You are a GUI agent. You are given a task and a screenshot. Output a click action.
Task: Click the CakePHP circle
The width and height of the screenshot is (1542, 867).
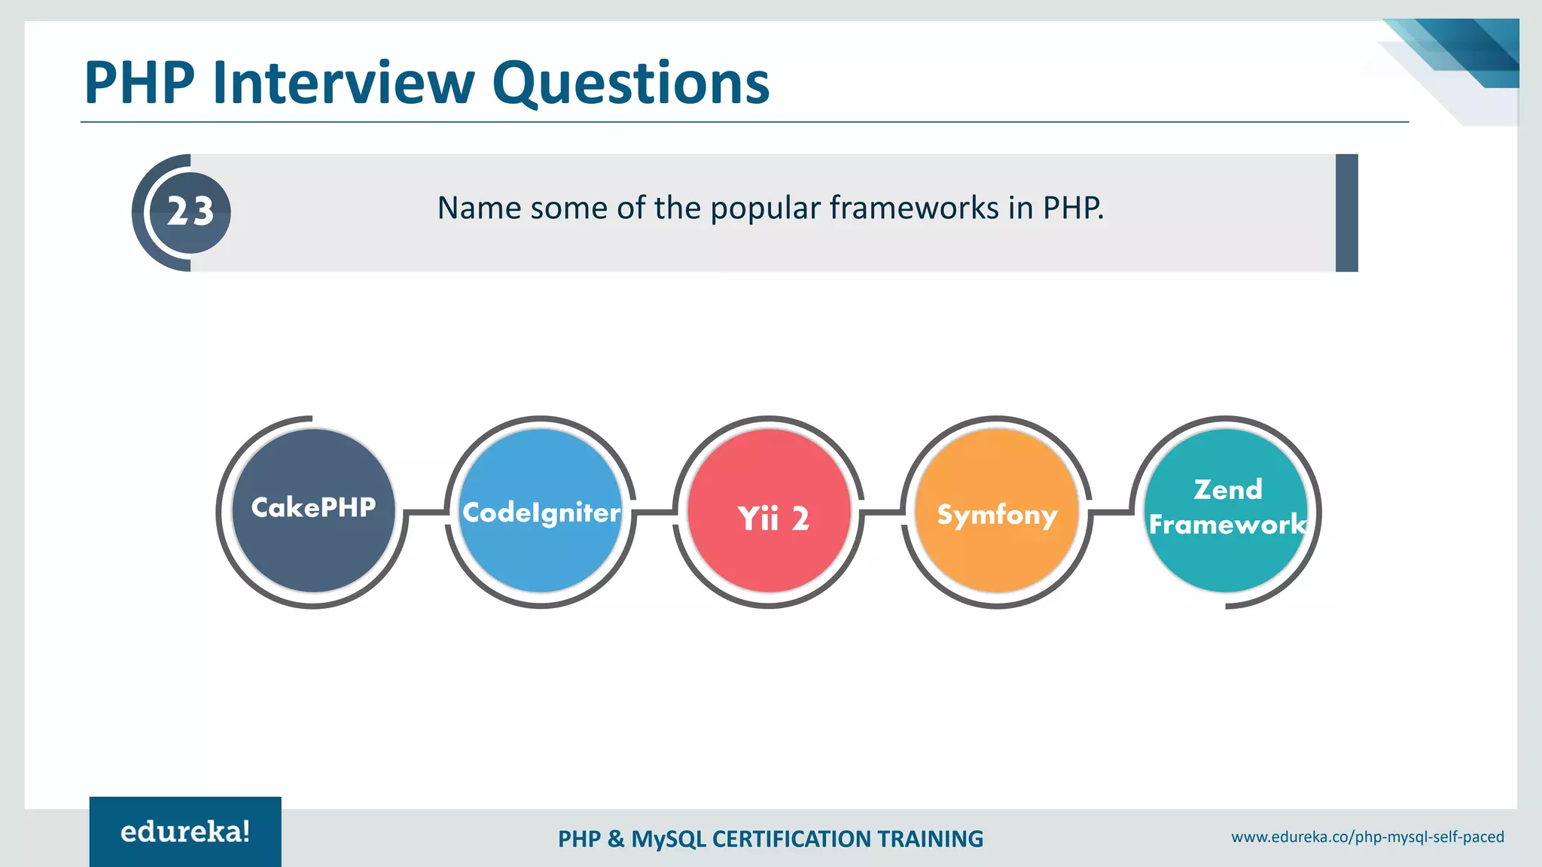(x=313, y=511)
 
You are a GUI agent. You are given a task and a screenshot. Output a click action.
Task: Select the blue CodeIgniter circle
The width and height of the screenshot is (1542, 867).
(x=541, y=511)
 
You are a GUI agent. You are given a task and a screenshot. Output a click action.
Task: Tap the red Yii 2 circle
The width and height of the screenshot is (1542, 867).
(x=769, y=511)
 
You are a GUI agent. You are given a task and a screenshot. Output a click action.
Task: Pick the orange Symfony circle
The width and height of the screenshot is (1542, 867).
(x=997, y=511)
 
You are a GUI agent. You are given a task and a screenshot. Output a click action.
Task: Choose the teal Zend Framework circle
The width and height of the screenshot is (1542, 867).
(x=1226, y=511)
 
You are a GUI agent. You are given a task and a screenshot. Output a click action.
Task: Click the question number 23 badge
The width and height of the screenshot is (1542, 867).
(x=190, y=212)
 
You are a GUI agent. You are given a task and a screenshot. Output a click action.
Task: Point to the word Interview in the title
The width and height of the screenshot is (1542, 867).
(x=343, y=83)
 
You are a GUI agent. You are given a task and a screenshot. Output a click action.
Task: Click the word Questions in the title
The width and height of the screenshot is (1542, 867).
(x=631, y=83)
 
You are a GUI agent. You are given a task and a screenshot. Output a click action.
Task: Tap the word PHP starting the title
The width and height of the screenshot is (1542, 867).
(x=140, y=83)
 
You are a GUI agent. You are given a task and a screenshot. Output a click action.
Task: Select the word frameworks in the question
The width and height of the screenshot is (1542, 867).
(x=914, y=208)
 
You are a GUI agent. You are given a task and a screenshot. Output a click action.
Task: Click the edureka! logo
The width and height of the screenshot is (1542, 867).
(x=185, y=832)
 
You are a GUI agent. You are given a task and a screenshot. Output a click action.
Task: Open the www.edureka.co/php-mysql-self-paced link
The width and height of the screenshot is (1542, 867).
(x=1367, y=837)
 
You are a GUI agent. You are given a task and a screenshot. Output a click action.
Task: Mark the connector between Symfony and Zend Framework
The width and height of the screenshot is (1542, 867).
(x=1111, y=513)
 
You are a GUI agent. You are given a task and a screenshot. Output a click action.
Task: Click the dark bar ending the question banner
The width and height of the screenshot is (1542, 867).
(x=1346, y=213)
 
